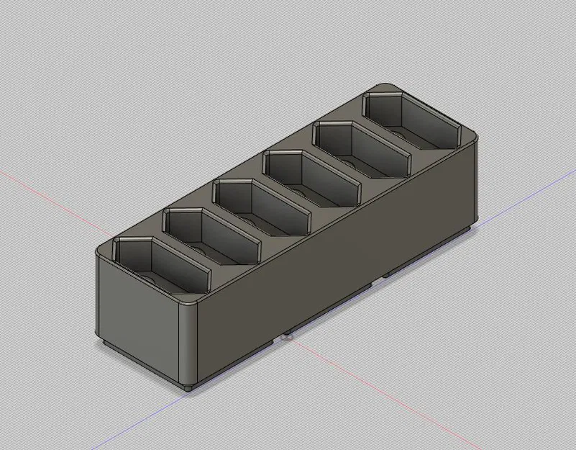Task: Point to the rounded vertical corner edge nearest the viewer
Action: [x=188, y=346]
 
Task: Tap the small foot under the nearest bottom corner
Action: [x=188, y=387]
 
